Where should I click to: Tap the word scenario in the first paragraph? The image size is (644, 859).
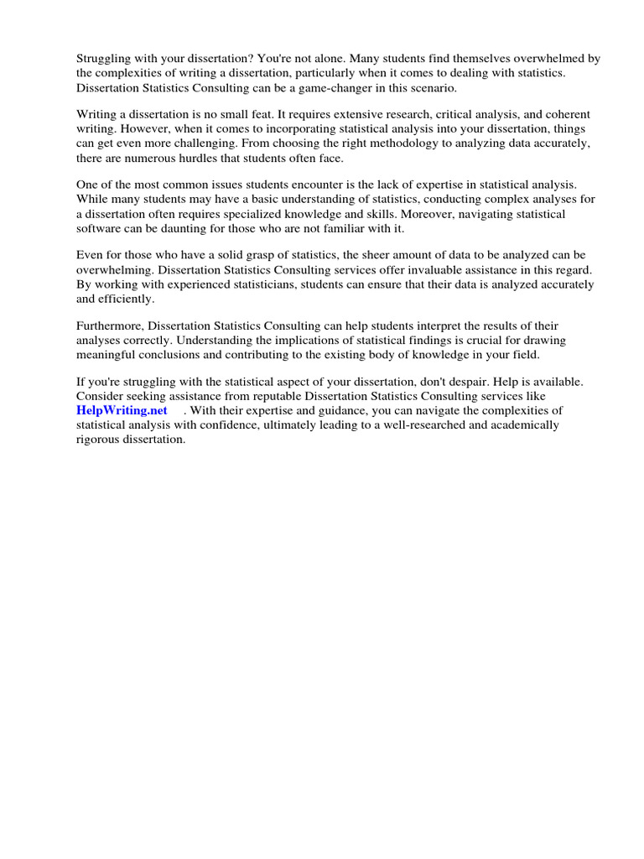(431, 88)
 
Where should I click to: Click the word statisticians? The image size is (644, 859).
(253, 284)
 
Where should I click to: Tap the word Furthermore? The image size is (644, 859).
(110, 325)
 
